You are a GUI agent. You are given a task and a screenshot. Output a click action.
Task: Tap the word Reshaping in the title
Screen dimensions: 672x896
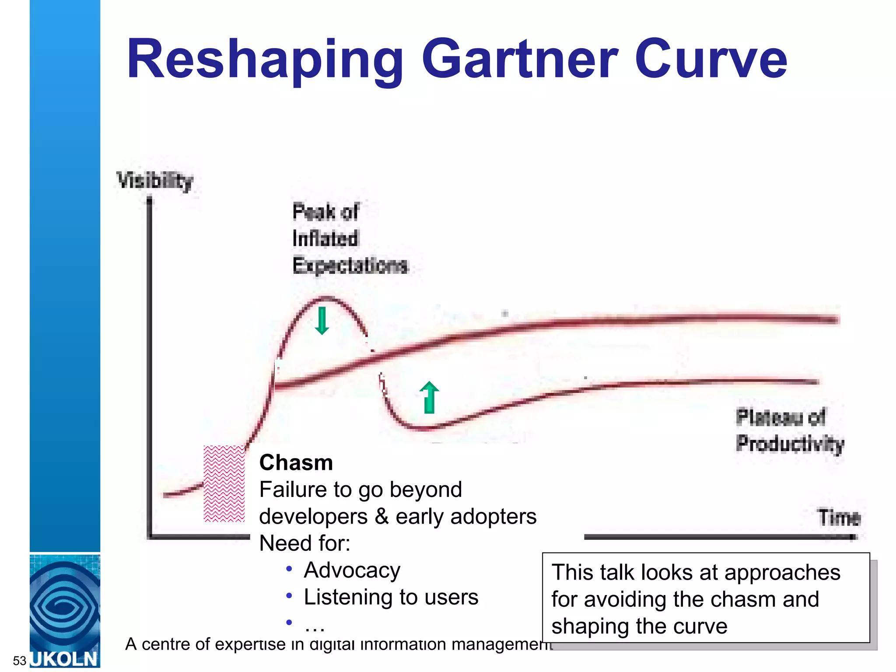tap(265, 60)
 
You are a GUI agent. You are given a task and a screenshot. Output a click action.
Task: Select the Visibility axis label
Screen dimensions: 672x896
tap(155, 180)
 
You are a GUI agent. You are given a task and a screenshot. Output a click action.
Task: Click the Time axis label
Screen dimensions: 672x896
tap(839, 518)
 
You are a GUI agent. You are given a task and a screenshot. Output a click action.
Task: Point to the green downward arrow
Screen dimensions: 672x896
tap(322, 321)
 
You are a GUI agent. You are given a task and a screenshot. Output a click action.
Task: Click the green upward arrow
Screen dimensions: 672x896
tap(429, 397)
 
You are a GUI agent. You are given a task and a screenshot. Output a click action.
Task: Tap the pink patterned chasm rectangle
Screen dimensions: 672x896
tap(224, 483)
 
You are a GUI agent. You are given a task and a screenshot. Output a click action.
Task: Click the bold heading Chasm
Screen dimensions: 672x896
tap(296, 463)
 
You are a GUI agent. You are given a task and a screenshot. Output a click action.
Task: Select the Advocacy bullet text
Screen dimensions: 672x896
tap(352, 570)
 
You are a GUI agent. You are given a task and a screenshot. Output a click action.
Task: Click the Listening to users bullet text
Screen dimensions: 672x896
tap(391, 597)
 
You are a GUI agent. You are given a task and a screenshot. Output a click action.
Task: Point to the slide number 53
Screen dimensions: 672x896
tap(20, 660)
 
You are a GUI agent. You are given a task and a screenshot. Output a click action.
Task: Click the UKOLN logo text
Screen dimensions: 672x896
tap(65, 659)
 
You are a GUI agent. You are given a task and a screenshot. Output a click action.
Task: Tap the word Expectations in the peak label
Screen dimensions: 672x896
tap(350, 266)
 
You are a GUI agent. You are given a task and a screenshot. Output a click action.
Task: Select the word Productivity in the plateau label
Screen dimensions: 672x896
tap(790, 444)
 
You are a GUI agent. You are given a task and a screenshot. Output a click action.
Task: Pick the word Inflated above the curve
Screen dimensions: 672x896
tap(325, 239)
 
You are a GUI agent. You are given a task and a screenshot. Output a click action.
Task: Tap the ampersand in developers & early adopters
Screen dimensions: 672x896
tap(381, 517)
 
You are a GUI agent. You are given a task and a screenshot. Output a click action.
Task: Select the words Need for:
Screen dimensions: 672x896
tap(304, 543)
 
